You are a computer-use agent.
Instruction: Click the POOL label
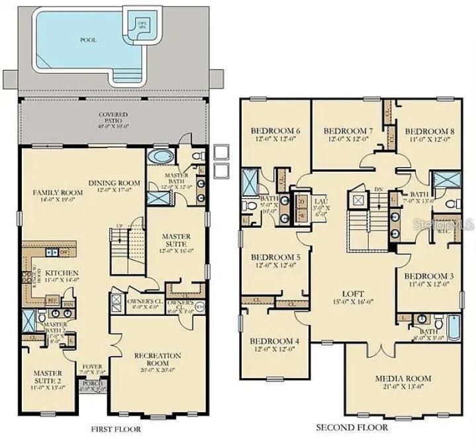point(88,40)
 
